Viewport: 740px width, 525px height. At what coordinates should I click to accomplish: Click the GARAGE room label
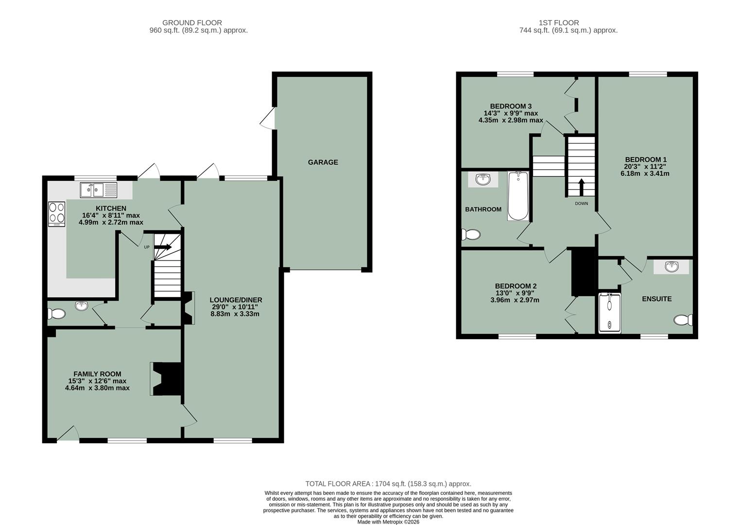(323, 162)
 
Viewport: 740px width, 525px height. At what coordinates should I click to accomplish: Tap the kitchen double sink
(99, 190)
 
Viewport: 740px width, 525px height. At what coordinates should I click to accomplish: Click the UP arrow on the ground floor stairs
(162, 247)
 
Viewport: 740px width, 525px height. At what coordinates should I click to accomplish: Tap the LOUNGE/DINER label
(236, 300)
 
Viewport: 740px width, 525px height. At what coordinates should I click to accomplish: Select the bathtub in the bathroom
(518, 196)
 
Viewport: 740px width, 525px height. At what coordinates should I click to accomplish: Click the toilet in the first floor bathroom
(471, 235)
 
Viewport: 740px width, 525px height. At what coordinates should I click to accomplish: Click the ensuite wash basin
(671, 266)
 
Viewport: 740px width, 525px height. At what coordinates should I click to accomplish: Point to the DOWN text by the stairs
(581, 203)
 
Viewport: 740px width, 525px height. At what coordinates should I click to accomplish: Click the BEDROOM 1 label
(645, 159)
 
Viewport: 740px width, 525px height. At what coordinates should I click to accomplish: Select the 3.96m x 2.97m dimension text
(515, 300)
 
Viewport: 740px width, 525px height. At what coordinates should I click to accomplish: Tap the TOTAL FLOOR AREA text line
(388, 484)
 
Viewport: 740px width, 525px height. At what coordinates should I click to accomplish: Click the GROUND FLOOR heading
(192, 22)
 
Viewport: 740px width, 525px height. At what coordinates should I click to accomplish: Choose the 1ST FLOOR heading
(558, 22)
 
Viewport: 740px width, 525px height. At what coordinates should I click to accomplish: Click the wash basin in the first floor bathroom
(483, 179)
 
